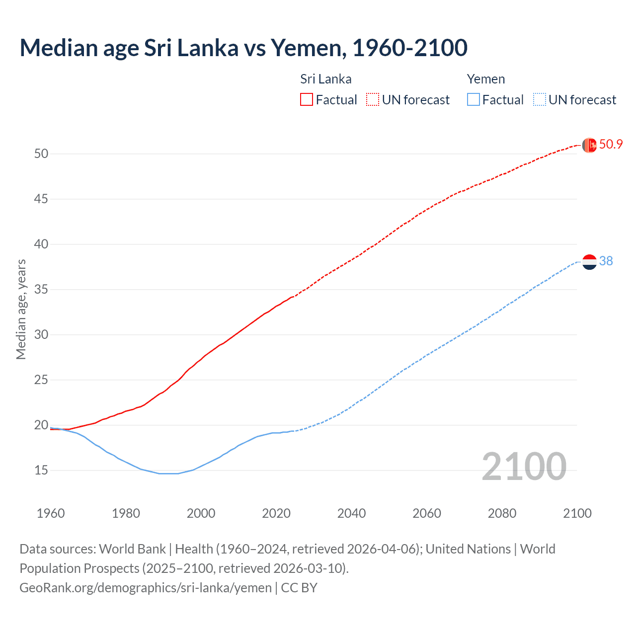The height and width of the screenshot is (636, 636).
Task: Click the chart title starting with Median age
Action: click(x=243, y=48)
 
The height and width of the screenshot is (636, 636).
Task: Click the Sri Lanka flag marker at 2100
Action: click(x=589, y=145)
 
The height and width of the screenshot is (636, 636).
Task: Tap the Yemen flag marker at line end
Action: click(x=589, y=261)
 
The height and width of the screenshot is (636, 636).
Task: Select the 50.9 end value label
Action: click(x=611, y=145)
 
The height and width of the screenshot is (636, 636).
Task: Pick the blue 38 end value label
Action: click(x=606, y=261)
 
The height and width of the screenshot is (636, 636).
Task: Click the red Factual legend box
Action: click(x=307, y=99)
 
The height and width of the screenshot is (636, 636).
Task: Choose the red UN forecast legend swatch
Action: click(x=373, y=99)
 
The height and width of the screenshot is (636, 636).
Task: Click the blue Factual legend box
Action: click(x=474, y=99)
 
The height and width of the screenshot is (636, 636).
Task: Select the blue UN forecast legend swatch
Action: click(x=539, y=99)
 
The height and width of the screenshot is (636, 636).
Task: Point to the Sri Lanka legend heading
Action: click(x=325, y=79)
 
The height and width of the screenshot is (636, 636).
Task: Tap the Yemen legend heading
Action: click(x=485, y=79)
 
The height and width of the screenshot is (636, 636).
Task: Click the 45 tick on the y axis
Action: click(x=41, y=199)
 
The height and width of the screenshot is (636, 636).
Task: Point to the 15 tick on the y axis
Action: click(x=41, y=470)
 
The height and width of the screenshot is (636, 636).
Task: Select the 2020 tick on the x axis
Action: click(x=276, y=513)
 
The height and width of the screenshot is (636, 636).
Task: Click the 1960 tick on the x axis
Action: click(x=51, y=513)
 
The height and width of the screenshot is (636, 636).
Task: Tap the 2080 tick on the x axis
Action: click(x=502, y=513)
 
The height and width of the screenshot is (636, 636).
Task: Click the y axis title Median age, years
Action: click(x=21, y=309)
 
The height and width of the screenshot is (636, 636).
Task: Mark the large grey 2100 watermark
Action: click(x=524, y=466)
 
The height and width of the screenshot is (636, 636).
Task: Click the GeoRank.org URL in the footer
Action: click(x=146, y=588)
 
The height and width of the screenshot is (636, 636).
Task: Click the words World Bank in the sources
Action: click(x=132, y=549)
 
